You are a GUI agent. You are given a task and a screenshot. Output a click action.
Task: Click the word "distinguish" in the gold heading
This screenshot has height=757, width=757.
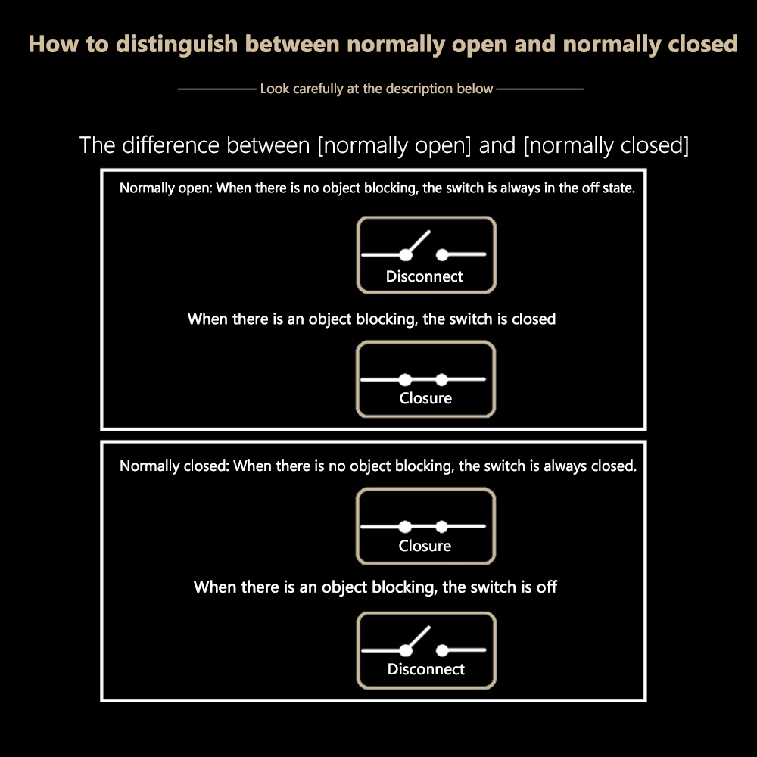[176, 45]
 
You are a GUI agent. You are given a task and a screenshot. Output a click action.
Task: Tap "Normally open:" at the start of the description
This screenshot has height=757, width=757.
[166, 188]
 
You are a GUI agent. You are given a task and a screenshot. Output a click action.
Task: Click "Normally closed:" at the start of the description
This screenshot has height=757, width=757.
[174, 466]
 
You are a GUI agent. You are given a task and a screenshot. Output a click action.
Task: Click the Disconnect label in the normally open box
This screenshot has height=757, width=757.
[425, 276]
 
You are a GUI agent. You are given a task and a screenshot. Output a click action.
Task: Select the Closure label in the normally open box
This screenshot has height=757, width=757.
[425, 398]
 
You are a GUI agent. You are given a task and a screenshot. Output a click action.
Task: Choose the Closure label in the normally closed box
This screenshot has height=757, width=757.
[425, 546]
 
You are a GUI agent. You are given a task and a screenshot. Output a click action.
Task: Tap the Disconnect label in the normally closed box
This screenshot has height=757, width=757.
[425, 669]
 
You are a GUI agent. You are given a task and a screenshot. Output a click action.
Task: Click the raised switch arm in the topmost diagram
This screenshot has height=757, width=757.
[418, 242]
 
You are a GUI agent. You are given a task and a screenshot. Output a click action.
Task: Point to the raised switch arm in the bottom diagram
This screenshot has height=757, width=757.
[418, 638]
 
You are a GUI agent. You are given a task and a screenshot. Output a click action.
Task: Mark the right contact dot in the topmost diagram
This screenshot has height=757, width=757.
[442, 255]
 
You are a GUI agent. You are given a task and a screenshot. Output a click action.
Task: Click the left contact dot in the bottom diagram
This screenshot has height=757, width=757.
[406, 651]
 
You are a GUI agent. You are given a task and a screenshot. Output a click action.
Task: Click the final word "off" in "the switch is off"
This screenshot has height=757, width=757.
[547, 587]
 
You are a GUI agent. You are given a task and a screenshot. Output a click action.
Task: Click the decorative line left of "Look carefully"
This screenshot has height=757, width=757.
[217, 89]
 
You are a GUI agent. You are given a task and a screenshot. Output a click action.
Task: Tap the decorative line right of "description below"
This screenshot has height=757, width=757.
[540, 89]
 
